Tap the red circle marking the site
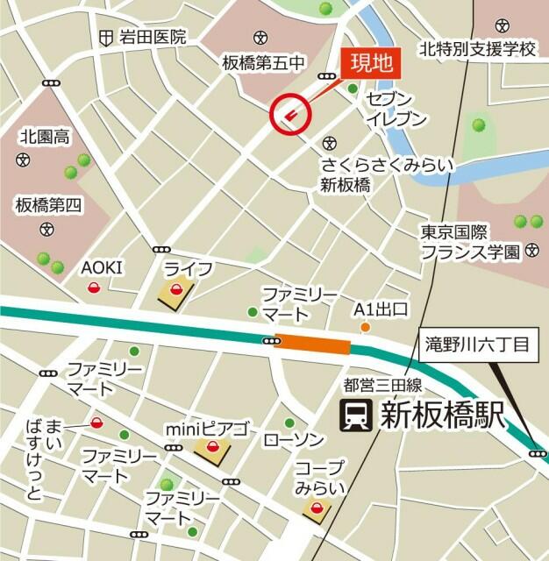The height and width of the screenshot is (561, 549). tap(290, 113)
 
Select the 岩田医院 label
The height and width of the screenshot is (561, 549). tap(153, 37)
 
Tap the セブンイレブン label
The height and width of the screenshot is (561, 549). tap(396, 108)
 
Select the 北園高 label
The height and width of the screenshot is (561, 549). tap(45, 136)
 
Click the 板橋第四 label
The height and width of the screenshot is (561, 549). tap(47, 205)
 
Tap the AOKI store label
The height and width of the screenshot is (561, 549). tap(103, 267)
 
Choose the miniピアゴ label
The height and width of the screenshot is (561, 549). tap(208, 430)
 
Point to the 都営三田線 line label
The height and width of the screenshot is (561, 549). tap(383, 384)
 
